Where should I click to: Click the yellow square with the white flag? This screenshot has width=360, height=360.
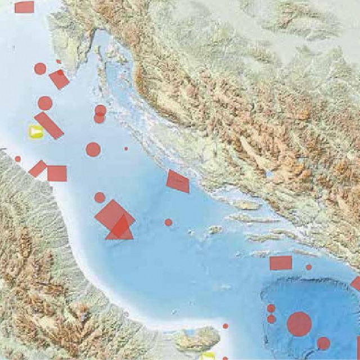[x=36, y=132]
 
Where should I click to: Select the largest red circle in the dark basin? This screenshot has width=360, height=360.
[x=299, y=324]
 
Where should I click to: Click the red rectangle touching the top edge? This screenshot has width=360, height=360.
[x=24, y=7]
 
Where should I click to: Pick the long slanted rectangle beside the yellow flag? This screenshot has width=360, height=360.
[x=49, y=125]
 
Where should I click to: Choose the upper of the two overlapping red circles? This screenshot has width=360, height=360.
[x=101, y=110]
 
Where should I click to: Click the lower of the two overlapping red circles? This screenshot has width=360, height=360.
[x=100, y=119]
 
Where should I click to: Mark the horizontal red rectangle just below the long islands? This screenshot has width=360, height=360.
[x=281, y=263]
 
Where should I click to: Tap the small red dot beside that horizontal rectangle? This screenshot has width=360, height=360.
[x=309, y=267]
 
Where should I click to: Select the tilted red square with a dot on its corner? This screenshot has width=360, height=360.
[x=59, y=79]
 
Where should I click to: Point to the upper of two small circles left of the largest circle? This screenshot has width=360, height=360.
[x=271, y=308]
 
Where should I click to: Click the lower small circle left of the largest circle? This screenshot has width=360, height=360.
[x=272, y=319]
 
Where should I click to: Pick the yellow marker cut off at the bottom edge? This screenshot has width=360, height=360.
[x=208, y=356]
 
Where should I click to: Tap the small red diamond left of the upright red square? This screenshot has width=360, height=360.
[x=38, y=169]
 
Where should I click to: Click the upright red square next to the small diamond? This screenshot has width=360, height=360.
[x=57, y=173]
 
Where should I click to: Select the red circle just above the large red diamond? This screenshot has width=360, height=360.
[x=100, y=197]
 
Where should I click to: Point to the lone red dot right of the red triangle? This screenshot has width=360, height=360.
[x=168, y=222]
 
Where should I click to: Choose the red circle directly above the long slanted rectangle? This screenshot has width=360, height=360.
[x=45, y=103]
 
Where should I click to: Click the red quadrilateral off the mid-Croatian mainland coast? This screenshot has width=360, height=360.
[x=178, y=181]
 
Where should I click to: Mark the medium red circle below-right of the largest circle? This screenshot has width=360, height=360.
[x=323, y=343]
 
